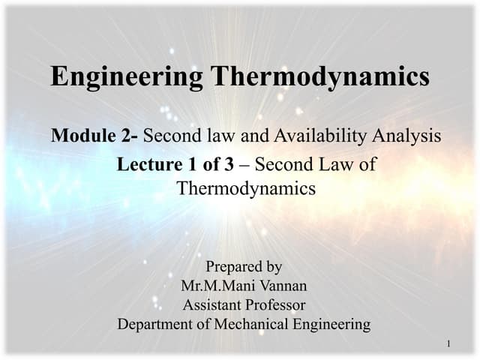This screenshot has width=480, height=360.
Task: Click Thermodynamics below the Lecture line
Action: (x=246, y=188)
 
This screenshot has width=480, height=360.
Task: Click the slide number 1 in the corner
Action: (x=447, y=344)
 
